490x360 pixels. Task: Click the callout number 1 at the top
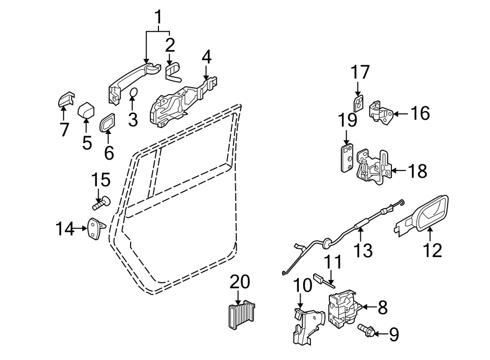coord(158,18)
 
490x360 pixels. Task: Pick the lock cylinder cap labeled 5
coord(87,111)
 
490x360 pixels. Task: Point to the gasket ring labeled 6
coord(108,123)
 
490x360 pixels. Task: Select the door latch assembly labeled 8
coord(341,309)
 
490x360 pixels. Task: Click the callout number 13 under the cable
coord(363,251)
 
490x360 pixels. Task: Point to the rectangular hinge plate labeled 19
coord(346,158)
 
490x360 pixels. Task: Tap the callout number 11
coord(333,261)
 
